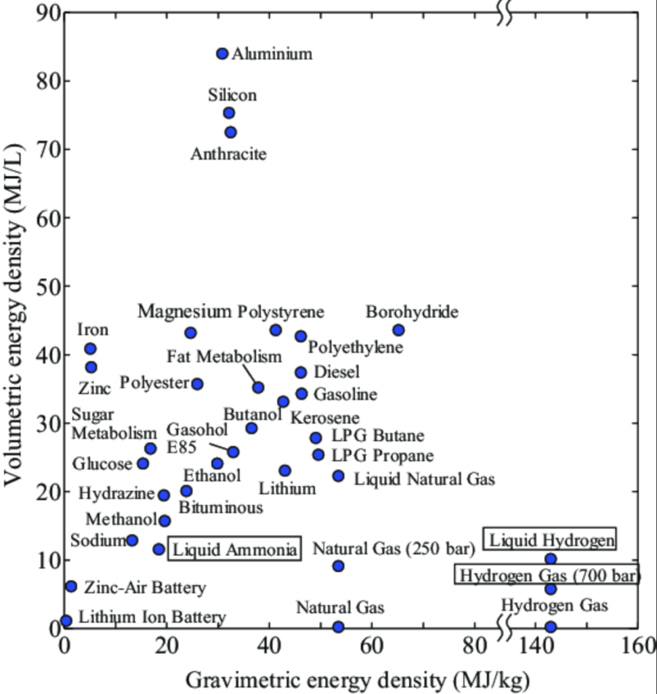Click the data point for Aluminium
tap(222, 54)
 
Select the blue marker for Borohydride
tap(398, 330)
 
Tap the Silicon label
tap(232, 95)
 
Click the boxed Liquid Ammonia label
tap(234, 549)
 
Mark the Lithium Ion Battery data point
tap(66, 620)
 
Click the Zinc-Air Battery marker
tap(71, 586)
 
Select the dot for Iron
tap(90, 348)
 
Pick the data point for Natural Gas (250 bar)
tap(338, 566)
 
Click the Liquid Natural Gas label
tap(424, 479)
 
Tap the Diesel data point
tap(301, 372)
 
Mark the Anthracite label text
tap(228, 155)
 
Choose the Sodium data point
tap(132, 540)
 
